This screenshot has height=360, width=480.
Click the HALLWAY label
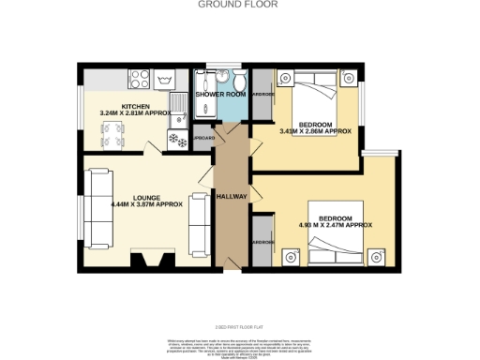tap(232, 197)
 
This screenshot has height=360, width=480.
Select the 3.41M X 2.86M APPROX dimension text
tap(316, 131)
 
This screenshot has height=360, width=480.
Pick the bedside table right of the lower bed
tap(378, 254)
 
